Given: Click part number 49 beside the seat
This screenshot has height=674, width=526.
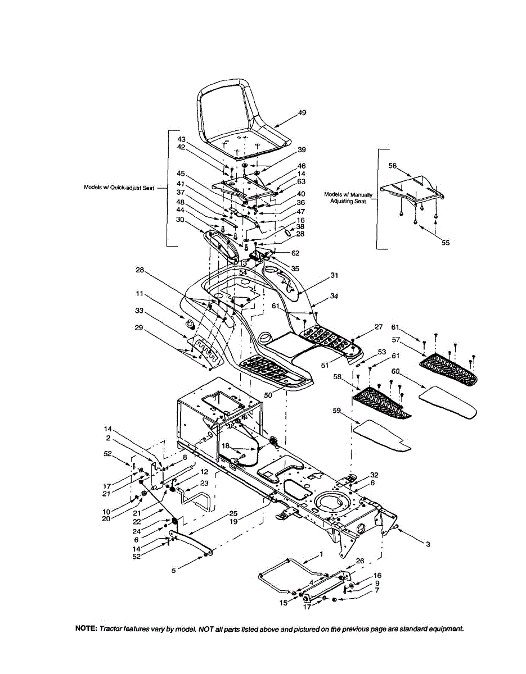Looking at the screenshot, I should coord(302,113).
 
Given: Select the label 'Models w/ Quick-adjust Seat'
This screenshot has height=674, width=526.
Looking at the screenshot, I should coord(116,188).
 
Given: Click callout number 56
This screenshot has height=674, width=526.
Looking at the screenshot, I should coord(393,166).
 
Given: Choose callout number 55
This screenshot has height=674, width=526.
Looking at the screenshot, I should coord(446,243).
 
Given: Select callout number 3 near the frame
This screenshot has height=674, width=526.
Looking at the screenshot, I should coord(428,544).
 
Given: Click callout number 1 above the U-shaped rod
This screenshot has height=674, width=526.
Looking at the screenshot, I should coord(321,553).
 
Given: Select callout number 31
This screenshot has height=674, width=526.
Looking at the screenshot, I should coord(334,275).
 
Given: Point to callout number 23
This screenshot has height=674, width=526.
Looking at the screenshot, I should coord(204,483).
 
